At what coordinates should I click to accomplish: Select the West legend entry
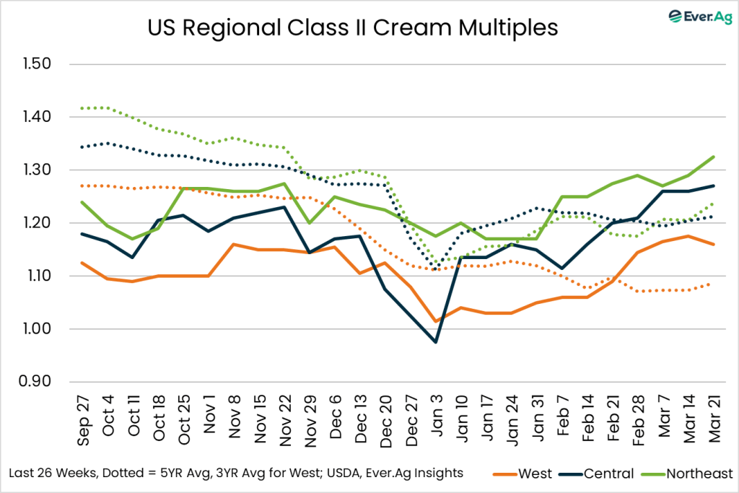[x=525, y=474]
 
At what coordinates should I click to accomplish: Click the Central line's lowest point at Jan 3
[x=436, y=342]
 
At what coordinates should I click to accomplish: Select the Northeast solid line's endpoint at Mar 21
[x=714, y=157]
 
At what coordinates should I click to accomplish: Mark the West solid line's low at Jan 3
[x=436, y=321]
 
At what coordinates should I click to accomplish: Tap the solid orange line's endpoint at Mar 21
[x=714, y=244]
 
